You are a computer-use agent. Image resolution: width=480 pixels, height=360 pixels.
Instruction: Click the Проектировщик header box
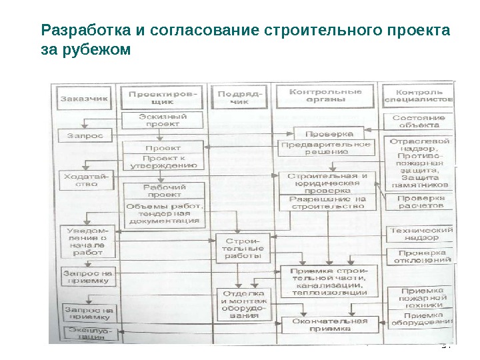click(162, 97)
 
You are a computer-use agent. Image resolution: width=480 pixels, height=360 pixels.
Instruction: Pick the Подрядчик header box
click(240, 97)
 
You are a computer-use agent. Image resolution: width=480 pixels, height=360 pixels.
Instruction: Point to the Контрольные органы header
click(325, 95)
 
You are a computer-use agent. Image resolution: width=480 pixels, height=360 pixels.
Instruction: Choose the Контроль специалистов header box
click(419, 96)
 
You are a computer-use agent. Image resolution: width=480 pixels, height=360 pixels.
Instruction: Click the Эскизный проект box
click(163, 121)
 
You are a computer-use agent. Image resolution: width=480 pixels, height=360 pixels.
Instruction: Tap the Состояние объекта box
click(419, 121)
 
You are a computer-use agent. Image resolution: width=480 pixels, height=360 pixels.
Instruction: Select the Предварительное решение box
click(325, 148)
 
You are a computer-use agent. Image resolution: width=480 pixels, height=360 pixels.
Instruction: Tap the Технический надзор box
click(421, 233)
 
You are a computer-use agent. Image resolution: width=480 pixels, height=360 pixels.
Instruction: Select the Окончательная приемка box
click(329, 325)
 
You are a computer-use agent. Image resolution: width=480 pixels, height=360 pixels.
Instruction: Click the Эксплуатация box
click(87, 333)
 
